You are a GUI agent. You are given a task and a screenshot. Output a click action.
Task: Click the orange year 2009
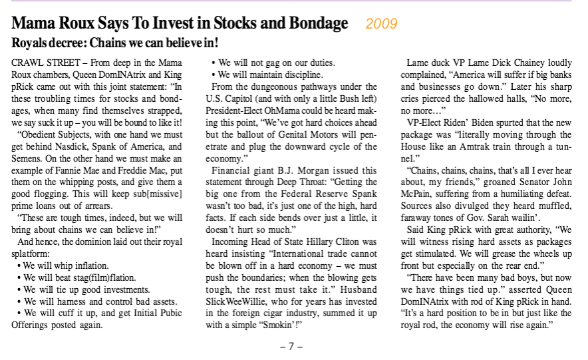click(381, 24)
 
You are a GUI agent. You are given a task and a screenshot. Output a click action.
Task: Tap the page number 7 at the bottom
click(291, 347)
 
